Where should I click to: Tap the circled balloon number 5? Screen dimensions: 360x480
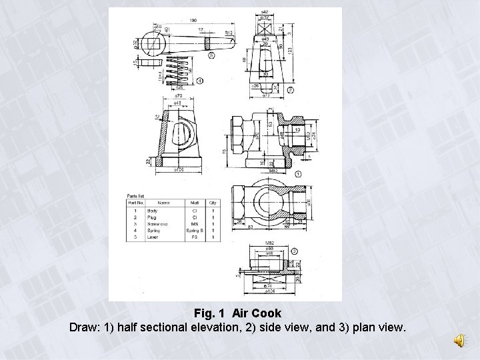coord(211,56)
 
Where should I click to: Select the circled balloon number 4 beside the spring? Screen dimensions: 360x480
coord(201,81)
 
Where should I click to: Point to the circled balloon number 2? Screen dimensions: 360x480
coord(290,89)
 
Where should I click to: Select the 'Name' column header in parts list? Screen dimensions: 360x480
coord(162,202)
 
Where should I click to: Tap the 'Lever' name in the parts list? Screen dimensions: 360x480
coord(158,236)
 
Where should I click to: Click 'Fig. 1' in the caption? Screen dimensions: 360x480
coord(210,313)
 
